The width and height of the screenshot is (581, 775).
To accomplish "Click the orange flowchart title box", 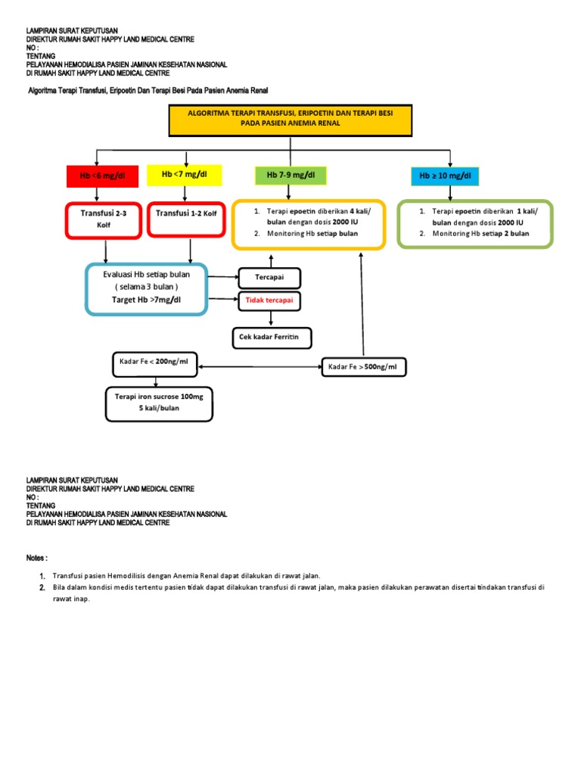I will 290,121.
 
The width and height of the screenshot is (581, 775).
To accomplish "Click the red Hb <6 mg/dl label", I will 102,176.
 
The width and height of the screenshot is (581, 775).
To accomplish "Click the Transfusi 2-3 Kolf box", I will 103,219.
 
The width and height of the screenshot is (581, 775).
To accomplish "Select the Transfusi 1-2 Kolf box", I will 185,219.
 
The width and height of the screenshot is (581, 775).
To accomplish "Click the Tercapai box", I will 269,278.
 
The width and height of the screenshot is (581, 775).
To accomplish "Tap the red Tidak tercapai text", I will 269,300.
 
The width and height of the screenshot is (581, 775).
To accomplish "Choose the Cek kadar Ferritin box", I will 270,338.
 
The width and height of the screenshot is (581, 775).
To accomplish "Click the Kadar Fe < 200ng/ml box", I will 154,363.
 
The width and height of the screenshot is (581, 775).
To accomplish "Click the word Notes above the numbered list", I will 36,558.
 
